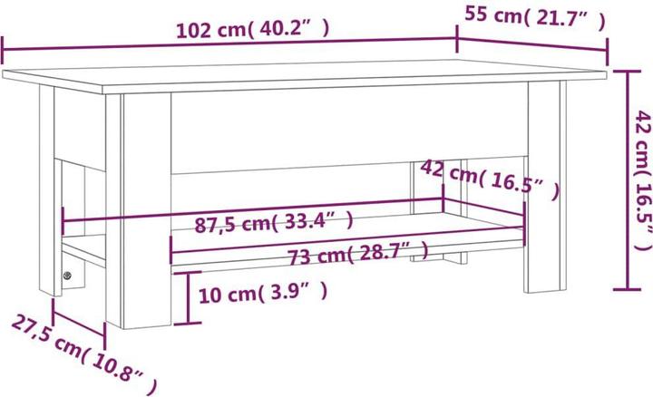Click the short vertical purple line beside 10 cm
[188, 300]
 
